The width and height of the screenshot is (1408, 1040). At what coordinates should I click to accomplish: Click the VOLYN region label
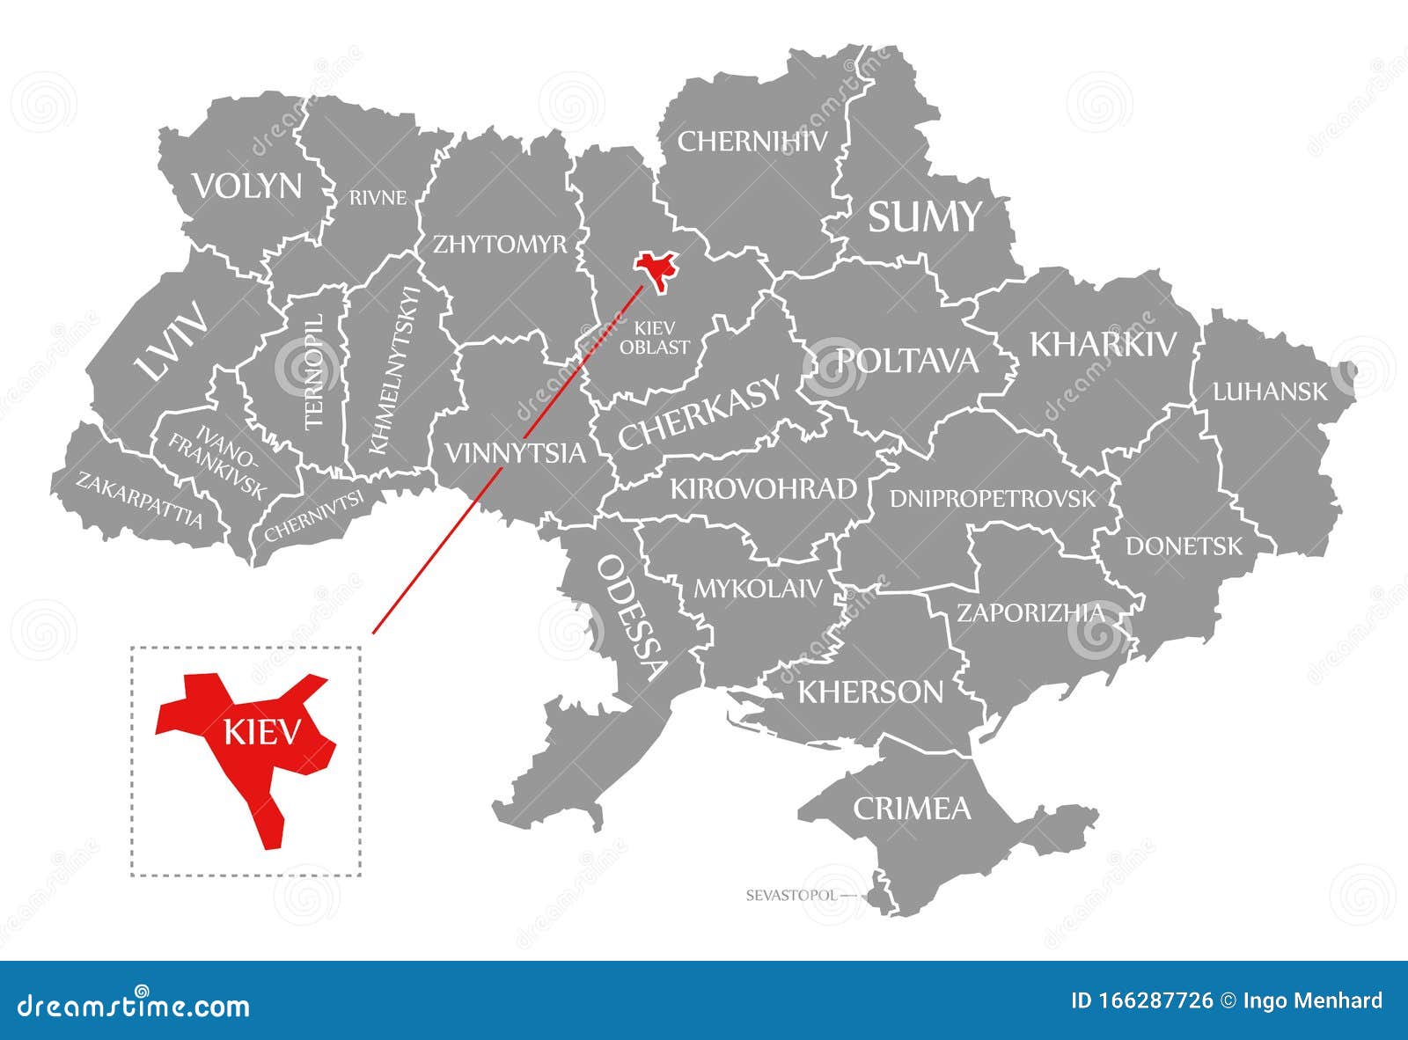click(x=247, y=187)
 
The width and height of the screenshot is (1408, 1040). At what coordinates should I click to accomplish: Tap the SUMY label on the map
click(x=924, y=216)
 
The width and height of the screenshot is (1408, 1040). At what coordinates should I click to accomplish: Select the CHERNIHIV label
click(x=752, y=141)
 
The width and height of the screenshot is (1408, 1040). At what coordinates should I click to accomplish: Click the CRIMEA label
click(x=912, y=808)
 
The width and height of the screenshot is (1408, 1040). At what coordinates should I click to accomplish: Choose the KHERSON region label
click(x=870, y=692)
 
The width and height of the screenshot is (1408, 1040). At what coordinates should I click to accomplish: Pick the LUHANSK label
click(x=1270, y=392)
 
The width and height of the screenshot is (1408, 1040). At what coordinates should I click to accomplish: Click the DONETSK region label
click(x=1184, y=546)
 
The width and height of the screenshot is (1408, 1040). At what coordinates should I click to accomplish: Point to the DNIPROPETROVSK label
click(x=993, y=499)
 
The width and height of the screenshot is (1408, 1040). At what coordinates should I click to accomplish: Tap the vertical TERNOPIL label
click(x=314, y=371)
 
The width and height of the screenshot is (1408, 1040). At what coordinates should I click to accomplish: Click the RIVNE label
click(x=378, y=198)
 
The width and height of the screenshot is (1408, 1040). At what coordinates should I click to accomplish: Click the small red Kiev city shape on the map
click(x=656, y=267)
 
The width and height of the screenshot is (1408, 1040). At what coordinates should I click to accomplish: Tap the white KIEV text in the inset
click(x=262, y=732)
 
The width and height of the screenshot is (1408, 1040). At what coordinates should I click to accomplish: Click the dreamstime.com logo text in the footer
click(x=134, y=1006)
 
